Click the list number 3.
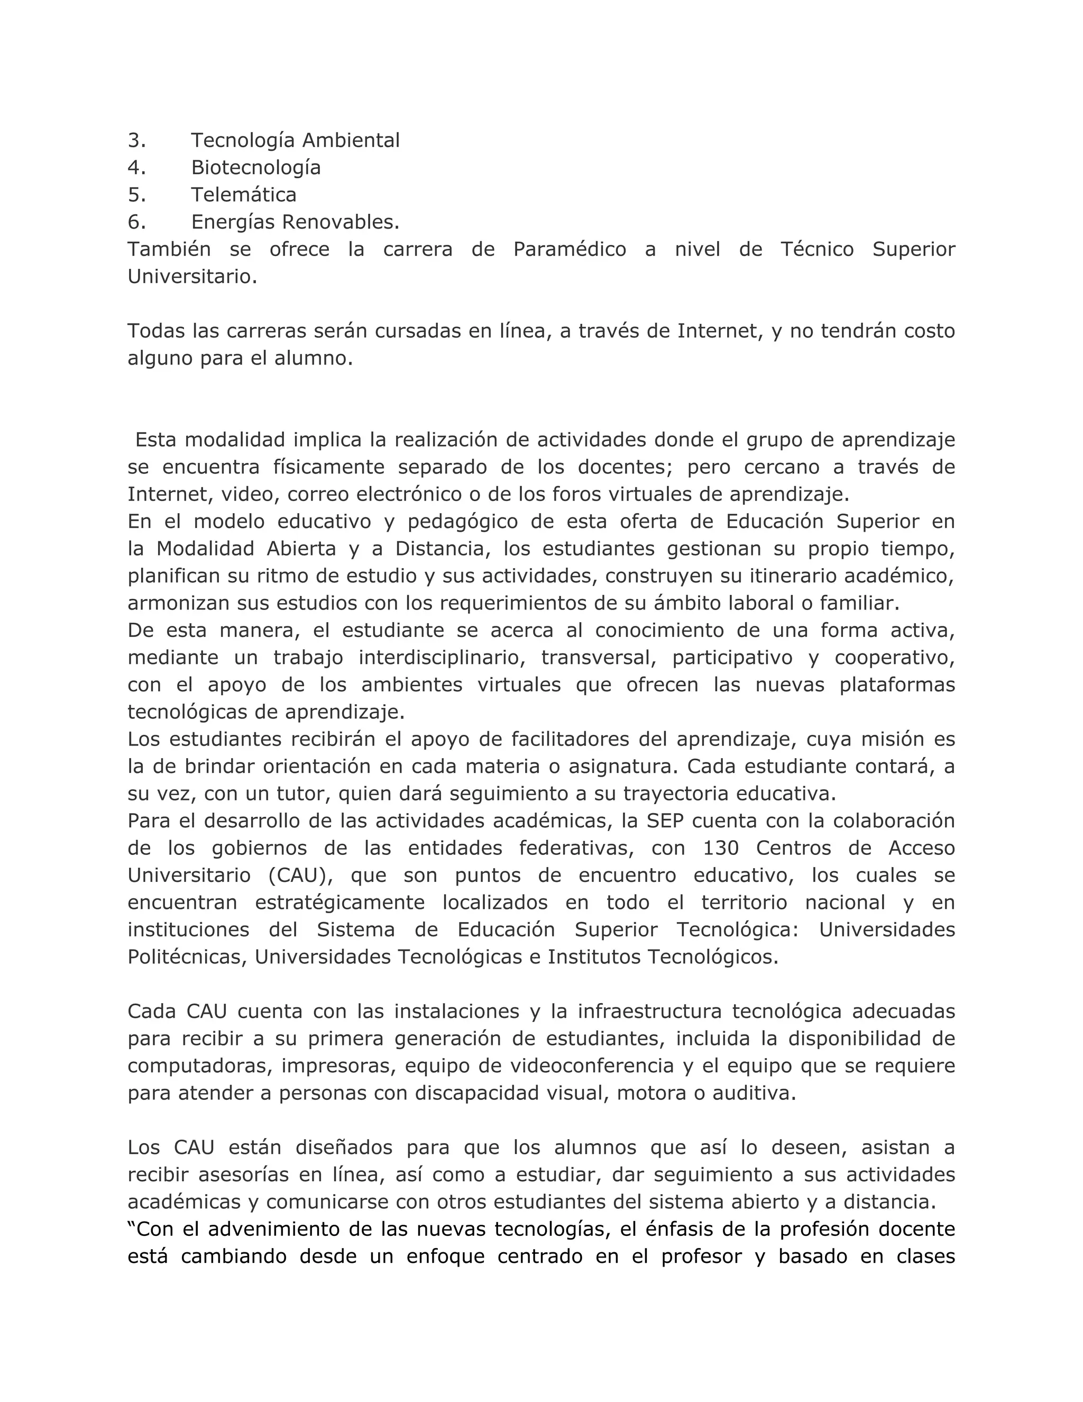pyautogui.click(x=136, y=140)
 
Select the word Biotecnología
pyautogui.click(x=255, y=168)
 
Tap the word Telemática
pyautogui.click(x=243, y=195)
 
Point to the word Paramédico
pyautogui.click(x=569, y=249)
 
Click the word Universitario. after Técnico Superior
pyautogui.click(x=192, y=277)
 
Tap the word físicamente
pyautogui.click(x=328, y=467)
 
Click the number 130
pyautogui.click(x=721, y=849)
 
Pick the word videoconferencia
pyautogui.click(x=592, y=1066)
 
